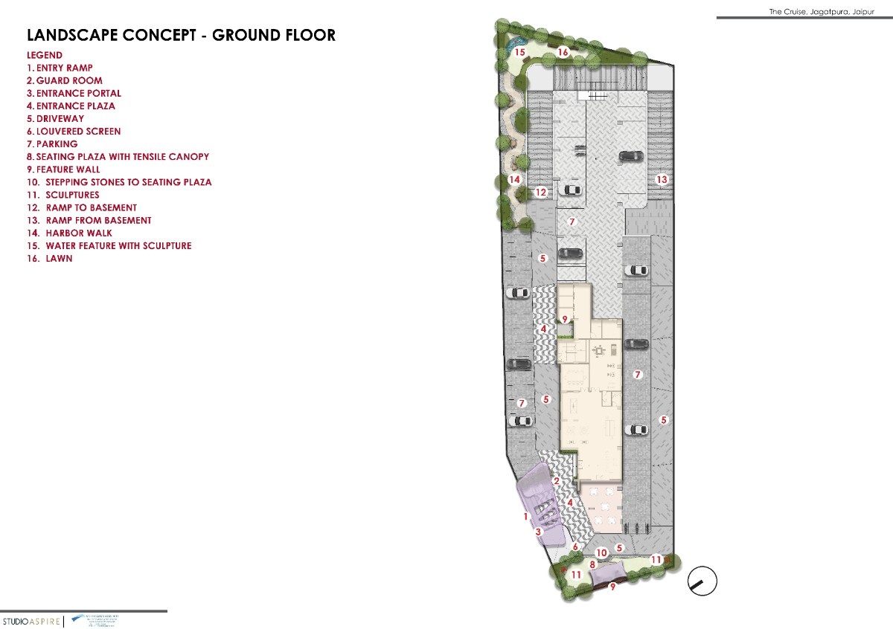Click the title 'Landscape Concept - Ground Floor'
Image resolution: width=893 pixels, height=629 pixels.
[x=181, y=35]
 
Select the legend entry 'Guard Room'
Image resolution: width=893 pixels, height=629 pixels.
[x=65, y=80]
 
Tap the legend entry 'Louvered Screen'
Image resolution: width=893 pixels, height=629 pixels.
[x=74, y=131]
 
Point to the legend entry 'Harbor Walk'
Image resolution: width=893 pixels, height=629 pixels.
[x=70, y=233]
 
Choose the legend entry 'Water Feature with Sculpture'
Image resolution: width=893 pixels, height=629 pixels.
[x=109, y=245]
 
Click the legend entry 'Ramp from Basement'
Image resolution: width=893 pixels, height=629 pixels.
[x=89, y=220]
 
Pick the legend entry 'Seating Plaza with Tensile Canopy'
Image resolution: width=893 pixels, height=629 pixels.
[x=118, y=157]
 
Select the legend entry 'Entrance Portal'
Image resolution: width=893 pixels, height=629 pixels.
[x=74, y=93]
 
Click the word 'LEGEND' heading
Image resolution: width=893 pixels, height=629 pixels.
[x=45, y=55]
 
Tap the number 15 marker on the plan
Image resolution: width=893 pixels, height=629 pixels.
[x=520, y=52]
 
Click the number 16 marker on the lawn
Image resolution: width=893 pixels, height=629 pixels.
[x=563, y=52]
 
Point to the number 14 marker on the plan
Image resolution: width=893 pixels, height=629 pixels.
[x=514, y=180]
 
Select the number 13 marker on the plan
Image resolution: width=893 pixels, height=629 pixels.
[x=662, y=180]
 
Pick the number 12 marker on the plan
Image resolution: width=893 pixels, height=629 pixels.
[x=541, y=193]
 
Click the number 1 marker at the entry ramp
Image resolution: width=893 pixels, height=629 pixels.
[x=525, y=516]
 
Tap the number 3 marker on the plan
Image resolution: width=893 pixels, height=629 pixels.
[x=538, y=532]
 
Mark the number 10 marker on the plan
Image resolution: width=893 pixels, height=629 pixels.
[x=602, y=552]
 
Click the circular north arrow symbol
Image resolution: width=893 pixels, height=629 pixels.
[x=702, y=581]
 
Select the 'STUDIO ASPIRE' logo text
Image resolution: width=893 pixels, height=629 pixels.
[x=31, y=621]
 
